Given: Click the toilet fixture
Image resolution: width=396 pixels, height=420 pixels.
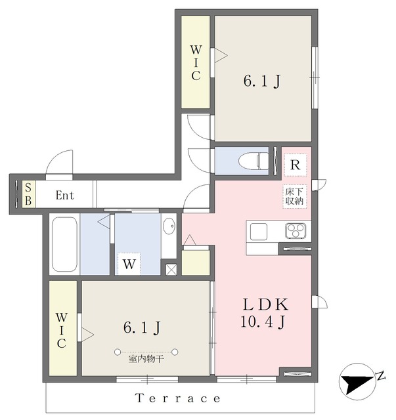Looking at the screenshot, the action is pos(253,161).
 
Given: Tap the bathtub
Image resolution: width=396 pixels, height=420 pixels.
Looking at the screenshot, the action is pos(64,244).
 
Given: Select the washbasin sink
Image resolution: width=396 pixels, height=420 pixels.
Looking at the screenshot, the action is pos(169,226).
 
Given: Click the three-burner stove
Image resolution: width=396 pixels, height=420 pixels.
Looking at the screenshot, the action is pos(296,230).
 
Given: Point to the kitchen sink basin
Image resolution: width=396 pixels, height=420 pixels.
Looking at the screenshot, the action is pos(259,232).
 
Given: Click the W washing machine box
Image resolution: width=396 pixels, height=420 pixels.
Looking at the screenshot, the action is pos(129,264).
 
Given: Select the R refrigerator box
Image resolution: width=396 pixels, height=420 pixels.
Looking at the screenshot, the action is pos(295,165).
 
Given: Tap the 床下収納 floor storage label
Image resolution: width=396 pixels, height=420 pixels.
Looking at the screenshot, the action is pos(294,196).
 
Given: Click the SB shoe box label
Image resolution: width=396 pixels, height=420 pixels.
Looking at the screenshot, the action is pos(28,194).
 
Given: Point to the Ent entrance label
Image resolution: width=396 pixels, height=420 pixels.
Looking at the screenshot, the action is pos(65,196).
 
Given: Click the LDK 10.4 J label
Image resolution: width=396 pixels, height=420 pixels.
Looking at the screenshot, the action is pos(264,313).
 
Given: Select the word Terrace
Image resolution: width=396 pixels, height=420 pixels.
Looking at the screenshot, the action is pos(178,398).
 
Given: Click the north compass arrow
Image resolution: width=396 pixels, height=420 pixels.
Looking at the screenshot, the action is pos(356,383).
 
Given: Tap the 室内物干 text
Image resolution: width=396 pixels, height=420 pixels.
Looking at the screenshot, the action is pos(146,359).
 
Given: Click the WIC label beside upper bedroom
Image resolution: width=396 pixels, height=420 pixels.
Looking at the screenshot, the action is pos(196,63).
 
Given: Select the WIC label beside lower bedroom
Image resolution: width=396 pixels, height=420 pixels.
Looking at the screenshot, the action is pos(61,330).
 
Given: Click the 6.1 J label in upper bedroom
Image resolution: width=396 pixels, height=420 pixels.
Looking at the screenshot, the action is pos(261,81).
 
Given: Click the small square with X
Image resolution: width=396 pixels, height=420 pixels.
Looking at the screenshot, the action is pos(171,270).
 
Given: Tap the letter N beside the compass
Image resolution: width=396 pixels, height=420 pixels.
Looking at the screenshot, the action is pos(381,376).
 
